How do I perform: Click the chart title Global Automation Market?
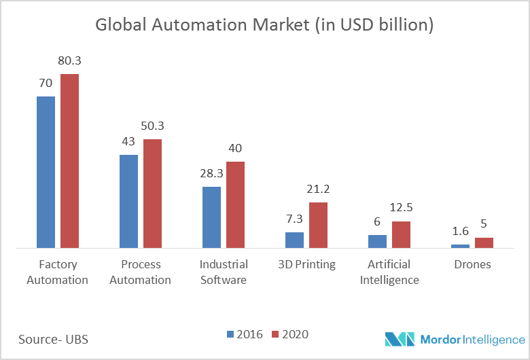click(x=264, y=25)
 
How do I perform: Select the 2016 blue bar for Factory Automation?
click(x=46, y=173)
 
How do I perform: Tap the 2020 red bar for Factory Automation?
click(x=70, y=161)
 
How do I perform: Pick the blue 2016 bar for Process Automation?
click(x=128, y=202)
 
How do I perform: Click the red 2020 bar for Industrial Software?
click(x=236, y=205)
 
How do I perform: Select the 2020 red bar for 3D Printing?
click(x=319, y=226)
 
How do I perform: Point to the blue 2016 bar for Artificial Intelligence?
click(x=377, y=242)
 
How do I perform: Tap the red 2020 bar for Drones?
click(x=484, y=243)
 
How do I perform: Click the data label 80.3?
click(x=70, y=61)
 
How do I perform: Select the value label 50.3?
click(x=153, y=126)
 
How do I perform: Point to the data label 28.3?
click(x=211, y=174)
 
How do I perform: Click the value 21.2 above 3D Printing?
click(x=319, y=190)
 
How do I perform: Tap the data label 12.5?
click(x=401, y=209)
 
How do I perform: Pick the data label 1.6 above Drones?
click(x=460, y=232)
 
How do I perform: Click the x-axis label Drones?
click(x=472, y=264)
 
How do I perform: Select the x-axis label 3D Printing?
click(x=306, y=264)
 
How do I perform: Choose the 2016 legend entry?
click(x=245, y=334)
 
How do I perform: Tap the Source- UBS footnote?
click(x=54, y=338)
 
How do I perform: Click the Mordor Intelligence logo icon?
click(x=399, y=338)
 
